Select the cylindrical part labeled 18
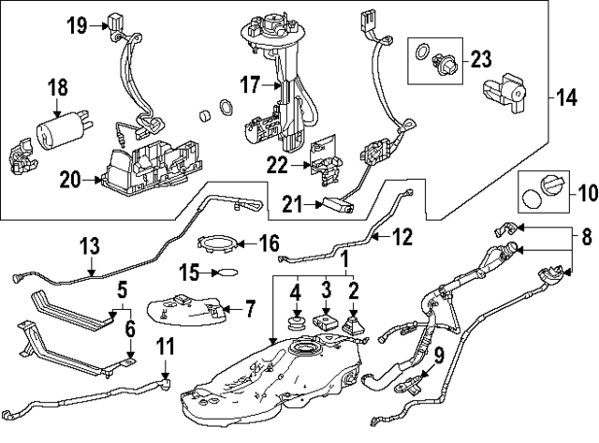tap(58, 132)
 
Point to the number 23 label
tap(480, 59)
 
